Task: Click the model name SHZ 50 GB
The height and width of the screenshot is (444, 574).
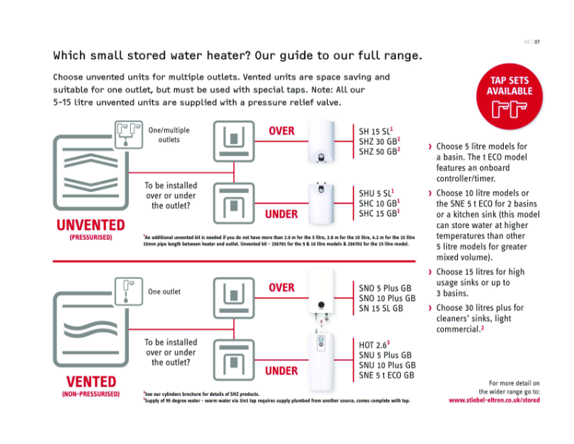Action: coord(379,152)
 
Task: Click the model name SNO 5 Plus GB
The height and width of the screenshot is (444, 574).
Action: coord(384,287)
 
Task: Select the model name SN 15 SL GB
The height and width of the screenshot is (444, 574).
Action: coord(380,308)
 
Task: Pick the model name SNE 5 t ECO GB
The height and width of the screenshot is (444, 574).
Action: coord(385,375)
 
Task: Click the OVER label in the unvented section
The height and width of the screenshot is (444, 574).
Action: coord(281,131)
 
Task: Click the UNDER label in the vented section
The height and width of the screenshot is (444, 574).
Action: coord(281,370)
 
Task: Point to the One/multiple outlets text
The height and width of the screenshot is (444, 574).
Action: coord(169,135)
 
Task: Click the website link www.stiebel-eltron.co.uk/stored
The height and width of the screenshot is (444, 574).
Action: coord(494,400)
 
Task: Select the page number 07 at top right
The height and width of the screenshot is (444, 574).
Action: coord(539,41)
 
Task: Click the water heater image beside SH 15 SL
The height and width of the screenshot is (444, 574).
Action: coord(322,144)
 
